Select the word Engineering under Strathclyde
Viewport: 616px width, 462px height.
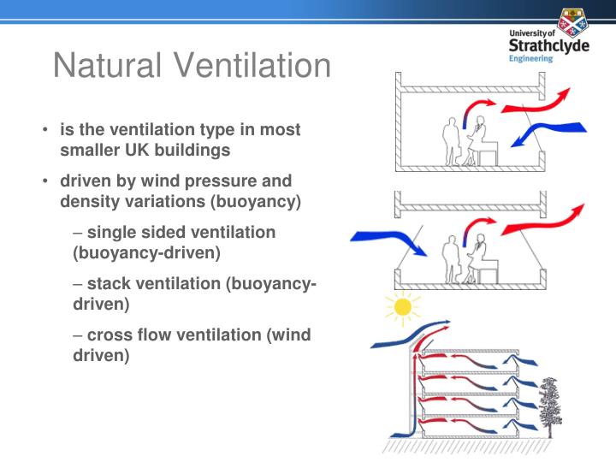tap(530, 59)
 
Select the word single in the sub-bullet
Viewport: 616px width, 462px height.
tap(112, 233)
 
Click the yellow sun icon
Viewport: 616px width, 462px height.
tap(401, 306)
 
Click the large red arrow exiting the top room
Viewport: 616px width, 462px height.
tap(534, 102)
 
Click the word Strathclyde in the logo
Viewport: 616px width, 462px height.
tap(548, 44)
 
